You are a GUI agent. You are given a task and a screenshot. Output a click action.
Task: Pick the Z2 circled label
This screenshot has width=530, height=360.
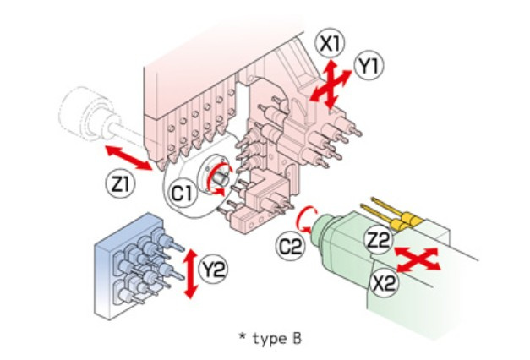[x=380, y=240]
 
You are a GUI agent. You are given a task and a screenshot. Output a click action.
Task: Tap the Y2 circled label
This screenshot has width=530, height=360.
[x=213, y=270]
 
